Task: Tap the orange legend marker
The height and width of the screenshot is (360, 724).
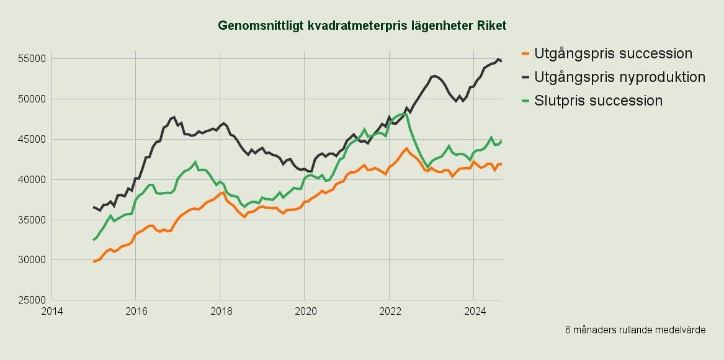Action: pyautogui.click(x=526, y=54)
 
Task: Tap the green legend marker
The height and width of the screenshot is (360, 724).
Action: pyautogui.click(x=526, y=101)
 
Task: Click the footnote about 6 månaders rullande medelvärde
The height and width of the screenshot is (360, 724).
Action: pyautogui.click(x=635, y=330)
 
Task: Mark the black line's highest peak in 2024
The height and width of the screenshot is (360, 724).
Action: pyautogui.click(x=498, y=59)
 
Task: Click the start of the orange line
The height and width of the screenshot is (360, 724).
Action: pyautogui.click(x=94, y=261)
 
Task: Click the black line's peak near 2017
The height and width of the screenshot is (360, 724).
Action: pyautogui.click(x=174, y=117)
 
